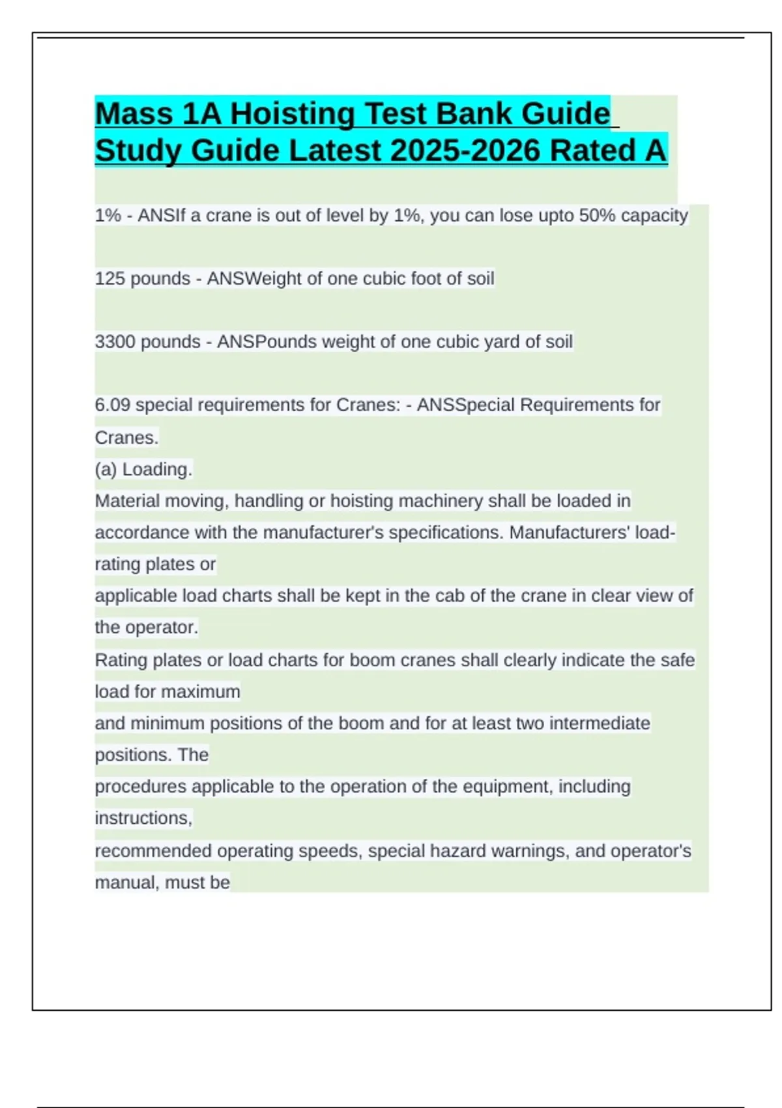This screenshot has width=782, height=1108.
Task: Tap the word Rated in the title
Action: [x=593, y=151]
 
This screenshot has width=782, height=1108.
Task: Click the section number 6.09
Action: [x=113, y=405]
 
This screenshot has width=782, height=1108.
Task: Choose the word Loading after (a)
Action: [x=157, y=469]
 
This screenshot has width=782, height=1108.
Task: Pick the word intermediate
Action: [x=599, y=723]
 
